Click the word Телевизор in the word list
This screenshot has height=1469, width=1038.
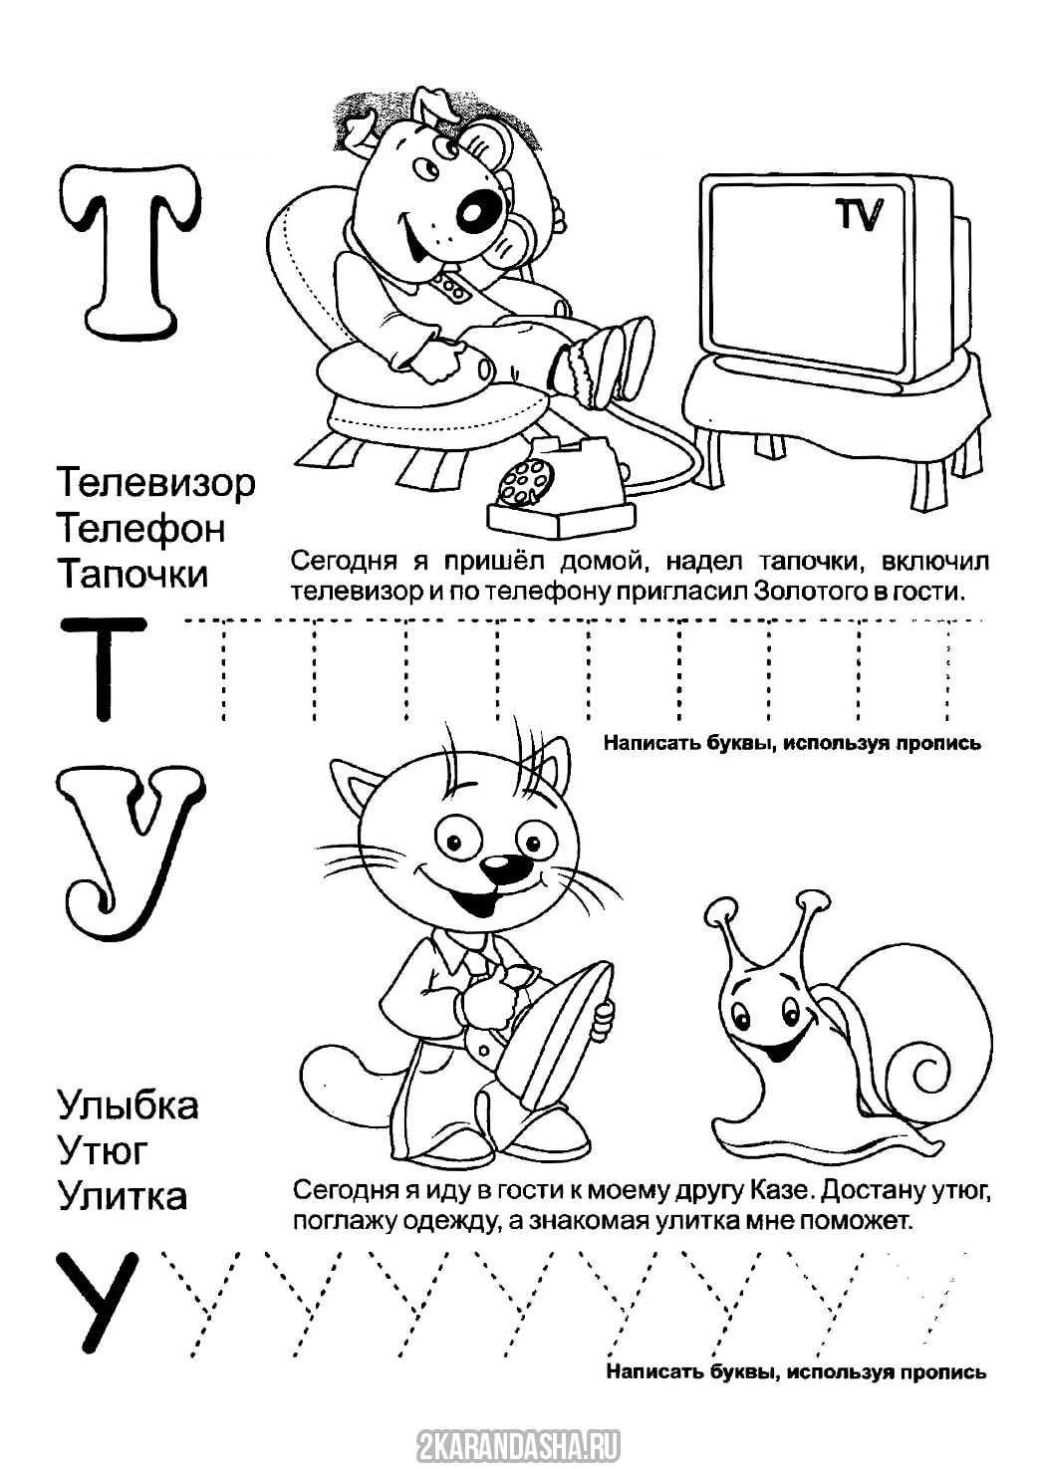(x=155, y=484)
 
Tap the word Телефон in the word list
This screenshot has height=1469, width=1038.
(x=141, y=529)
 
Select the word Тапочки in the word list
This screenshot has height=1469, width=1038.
(x=132, y=574)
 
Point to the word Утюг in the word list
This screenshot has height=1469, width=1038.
(x=103, y=1149)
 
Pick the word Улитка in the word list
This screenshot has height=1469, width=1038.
(x=123, y=1193)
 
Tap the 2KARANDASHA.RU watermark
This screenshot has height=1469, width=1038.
(x=518, y=1444)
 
